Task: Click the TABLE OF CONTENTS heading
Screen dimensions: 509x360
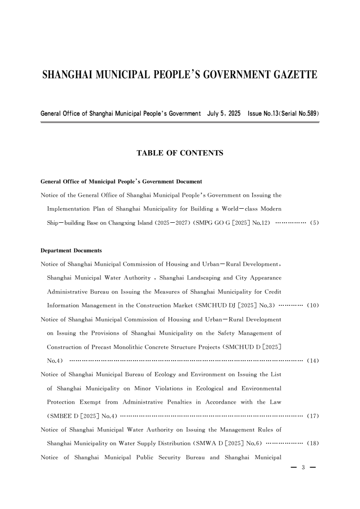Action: click(x=180, y=153)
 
